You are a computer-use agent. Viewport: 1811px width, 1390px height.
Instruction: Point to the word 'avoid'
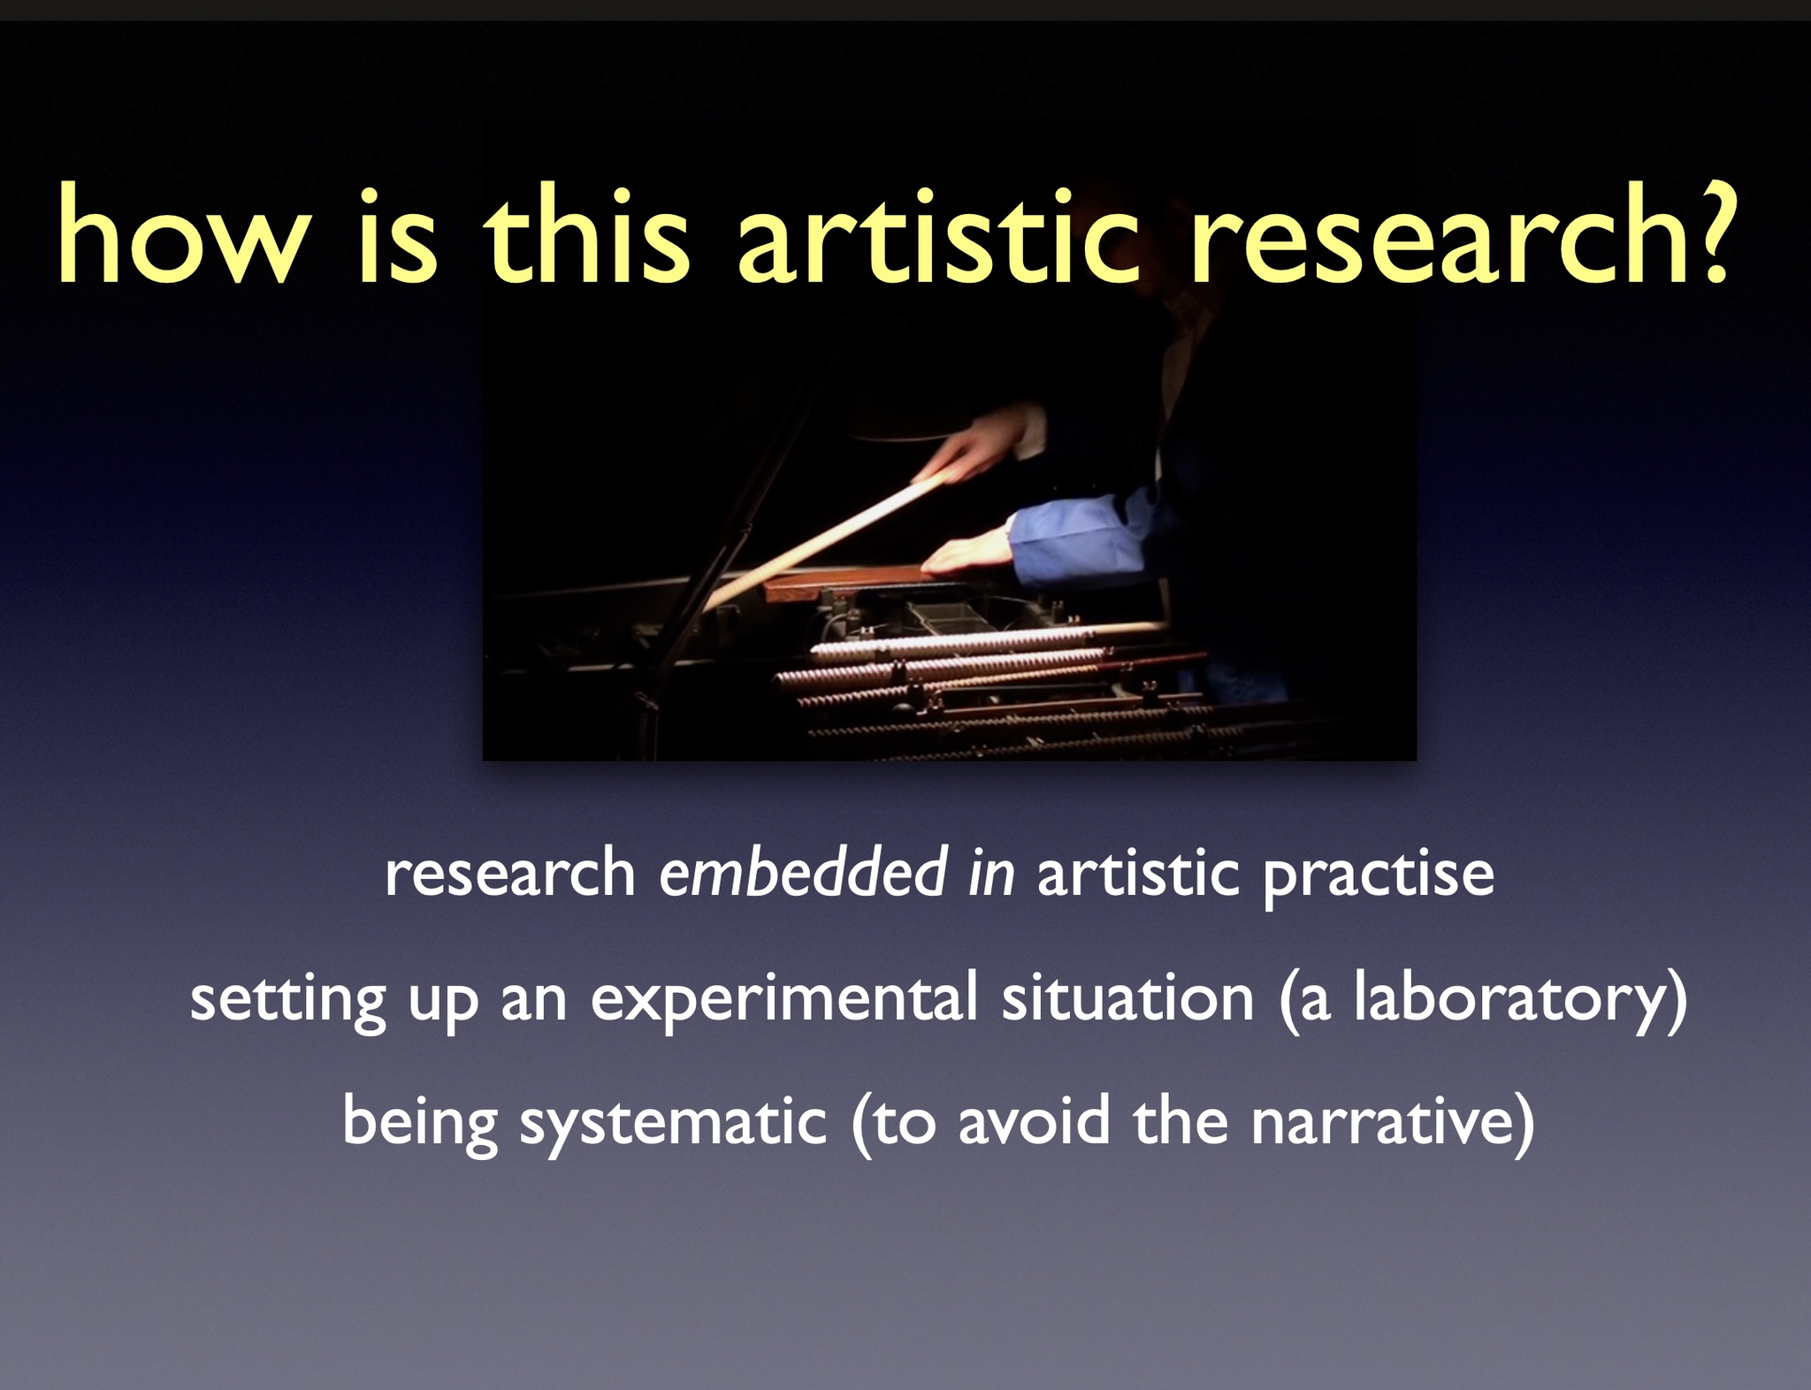point(1034,1120)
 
